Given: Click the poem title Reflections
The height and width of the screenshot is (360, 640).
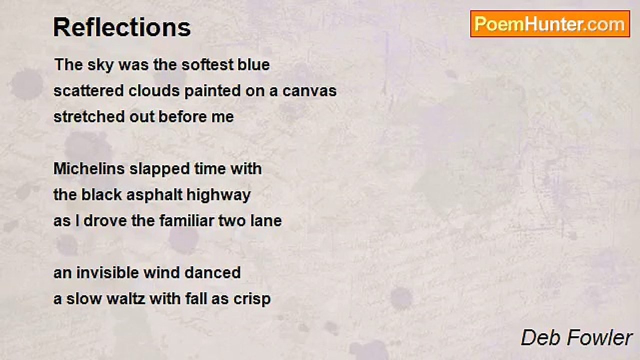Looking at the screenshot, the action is click(122, 27).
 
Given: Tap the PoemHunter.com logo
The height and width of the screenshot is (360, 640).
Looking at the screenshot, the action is click(550, 24).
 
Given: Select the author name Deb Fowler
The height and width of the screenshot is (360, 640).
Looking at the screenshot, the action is click(576, 337).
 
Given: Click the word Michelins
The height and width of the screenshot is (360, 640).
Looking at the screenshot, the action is click(89, 168).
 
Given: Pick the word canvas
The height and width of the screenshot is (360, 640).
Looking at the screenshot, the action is click(309, 91).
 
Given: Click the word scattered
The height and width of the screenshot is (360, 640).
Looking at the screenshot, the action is click(89, 90).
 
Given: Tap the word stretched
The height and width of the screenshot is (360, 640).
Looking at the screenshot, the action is click(89, 116).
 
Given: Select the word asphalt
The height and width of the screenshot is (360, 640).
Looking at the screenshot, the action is click(154, 195).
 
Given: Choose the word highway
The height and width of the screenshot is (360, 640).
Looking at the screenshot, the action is click(218, 195).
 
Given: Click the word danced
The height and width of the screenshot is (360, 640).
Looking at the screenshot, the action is click(212, 272).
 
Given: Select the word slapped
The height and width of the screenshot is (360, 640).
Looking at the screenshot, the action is click(159, 169).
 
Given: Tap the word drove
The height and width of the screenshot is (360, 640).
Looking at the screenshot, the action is click(105, 220).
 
